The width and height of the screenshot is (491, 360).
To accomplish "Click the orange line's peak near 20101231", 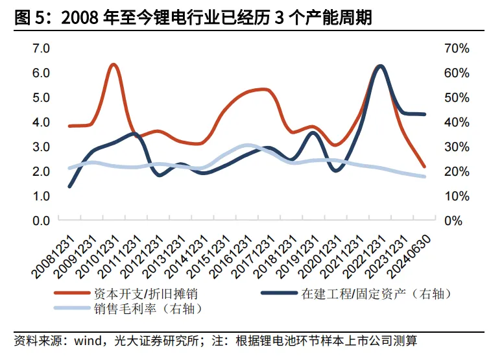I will (x=114, y=65).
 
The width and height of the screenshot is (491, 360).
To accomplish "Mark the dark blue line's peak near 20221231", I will (x=380, y=66).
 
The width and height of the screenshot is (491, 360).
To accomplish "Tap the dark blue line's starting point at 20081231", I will (x=69, y=186).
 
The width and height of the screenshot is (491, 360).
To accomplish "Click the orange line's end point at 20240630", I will (x=424, y=167).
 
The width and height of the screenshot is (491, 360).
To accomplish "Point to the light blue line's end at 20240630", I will (x=424, y=176).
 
